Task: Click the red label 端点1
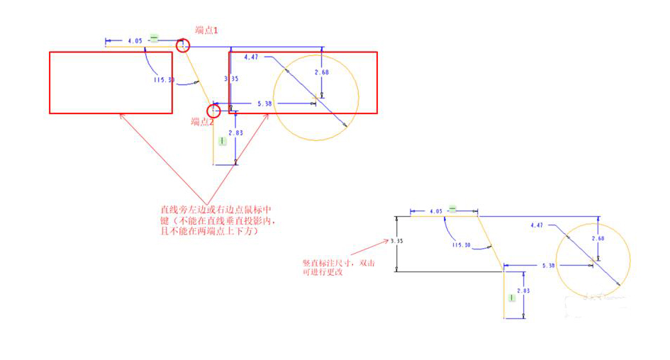(207, 30)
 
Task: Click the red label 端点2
(202, 122)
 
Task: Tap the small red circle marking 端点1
(184, 45)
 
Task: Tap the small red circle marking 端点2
(213, 111)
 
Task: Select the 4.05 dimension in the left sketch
(135, 41)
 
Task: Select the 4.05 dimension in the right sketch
(436, 210)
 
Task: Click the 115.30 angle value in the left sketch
(164, 79)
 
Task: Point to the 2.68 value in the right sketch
(599, 238)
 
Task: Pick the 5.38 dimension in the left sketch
(264, 103)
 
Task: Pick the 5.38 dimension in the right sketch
(548, 266)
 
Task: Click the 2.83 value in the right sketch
(523, 291)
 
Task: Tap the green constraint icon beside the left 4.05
(153, 40)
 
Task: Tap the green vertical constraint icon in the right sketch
(510, 298)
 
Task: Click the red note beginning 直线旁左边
(223, 220)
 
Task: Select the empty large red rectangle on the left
(111, 82)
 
